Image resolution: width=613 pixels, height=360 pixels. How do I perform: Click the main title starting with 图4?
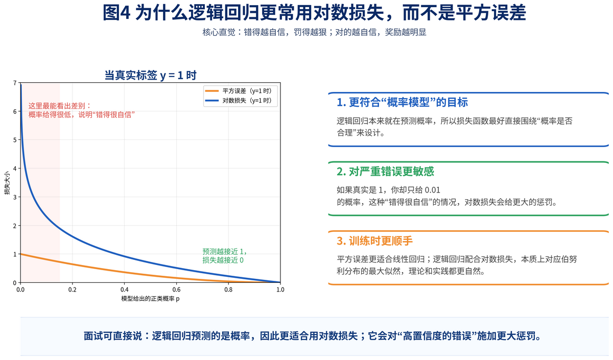coord(314,13)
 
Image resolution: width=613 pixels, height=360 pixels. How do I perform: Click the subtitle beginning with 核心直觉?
coord(314,32)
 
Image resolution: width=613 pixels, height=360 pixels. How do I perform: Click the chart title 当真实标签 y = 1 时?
coord(151,75)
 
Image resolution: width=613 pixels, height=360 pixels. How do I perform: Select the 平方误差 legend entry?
coord(239,91)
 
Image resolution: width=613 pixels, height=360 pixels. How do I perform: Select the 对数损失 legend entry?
coord(239,101)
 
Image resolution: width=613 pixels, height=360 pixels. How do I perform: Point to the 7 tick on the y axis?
coord(15,83)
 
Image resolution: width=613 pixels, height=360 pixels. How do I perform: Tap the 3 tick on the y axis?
coord(15,197)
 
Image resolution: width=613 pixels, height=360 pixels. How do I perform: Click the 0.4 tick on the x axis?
coord(124,290)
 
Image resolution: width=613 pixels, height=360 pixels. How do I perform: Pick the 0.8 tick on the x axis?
coord(228,290)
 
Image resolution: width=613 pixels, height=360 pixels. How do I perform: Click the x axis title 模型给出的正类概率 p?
coord(150,298)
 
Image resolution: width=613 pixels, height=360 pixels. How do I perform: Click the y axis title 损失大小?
coord(7,183)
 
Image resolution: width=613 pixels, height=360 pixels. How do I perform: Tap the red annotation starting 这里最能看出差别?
coord(82,110)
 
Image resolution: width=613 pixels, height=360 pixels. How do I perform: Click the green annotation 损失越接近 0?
coord(223,260)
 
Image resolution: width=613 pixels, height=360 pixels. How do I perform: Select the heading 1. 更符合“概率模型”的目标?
coord(403,102)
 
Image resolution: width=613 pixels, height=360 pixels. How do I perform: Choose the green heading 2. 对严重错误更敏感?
coord(385,172)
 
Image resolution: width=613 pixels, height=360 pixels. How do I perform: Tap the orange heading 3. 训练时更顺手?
coord(374,241)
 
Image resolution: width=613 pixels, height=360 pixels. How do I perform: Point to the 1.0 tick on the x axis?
coord(280,290)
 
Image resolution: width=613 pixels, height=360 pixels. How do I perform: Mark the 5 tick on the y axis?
coord(15,140)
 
